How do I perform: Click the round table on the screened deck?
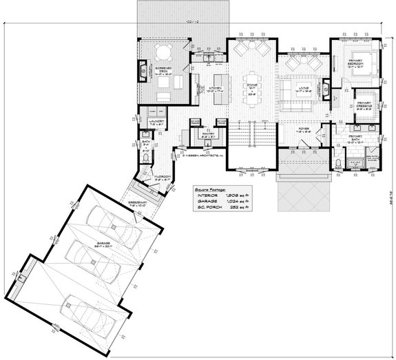tap(163, 53)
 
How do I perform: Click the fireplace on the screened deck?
tap(143, 69)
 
